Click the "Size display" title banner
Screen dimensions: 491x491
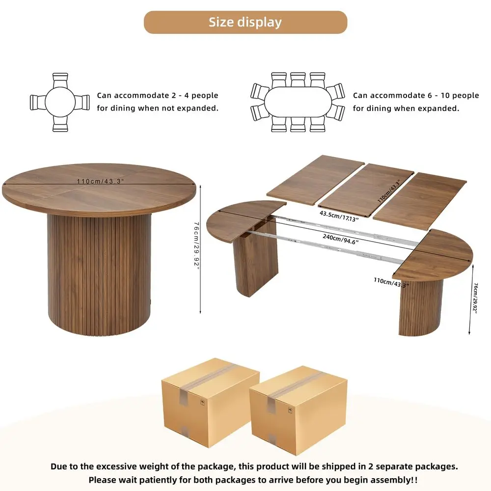(245, 22)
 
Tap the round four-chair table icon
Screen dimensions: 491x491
(60, 103)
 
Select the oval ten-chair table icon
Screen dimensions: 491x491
(298, 102)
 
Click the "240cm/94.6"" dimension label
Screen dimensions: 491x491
(340, 239)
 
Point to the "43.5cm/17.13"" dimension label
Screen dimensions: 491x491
(339, 216)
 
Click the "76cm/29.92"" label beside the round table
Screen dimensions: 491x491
(196, 245)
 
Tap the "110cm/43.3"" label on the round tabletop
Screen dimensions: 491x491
(100, 181)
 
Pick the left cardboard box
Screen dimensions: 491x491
(210, 403)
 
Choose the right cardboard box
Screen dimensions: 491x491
(298, 410)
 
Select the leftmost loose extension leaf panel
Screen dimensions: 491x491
(315, 180)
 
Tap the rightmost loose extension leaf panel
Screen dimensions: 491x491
(420, 201)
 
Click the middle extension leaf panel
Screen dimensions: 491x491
(366, 190)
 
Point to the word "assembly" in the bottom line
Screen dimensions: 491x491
(382, 480)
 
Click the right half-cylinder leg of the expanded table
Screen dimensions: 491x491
(421, 307)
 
